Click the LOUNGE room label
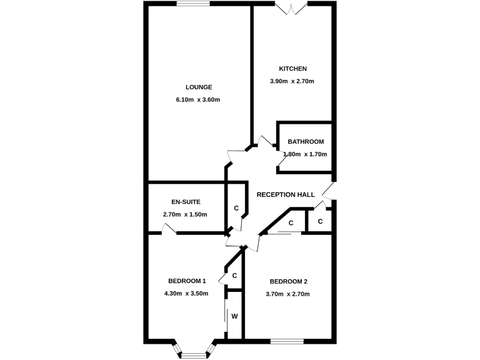coord(199,87)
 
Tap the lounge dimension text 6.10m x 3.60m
coord(199,99)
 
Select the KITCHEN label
coord(292,69)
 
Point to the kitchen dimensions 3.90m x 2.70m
coord(291,81)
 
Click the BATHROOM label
coord(306,142)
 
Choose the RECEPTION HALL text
coord(286,195)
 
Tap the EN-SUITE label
coord(185,202)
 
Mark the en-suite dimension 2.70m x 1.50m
coord(185,214)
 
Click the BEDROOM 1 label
coord(187,281)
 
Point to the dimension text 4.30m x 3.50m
coord(186,293)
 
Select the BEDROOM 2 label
coord(288,281)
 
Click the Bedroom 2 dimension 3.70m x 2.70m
coord(287,294)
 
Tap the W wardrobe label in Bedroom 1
coord(234,316)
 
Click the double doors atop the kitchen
coord(292,7)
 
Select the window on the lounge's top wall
coord(192,4)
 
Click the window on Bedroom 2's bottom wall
coord(287,341)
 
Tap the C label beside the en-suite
coord(236,208)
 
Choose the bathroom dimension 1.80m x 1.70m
coord(306,154)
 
